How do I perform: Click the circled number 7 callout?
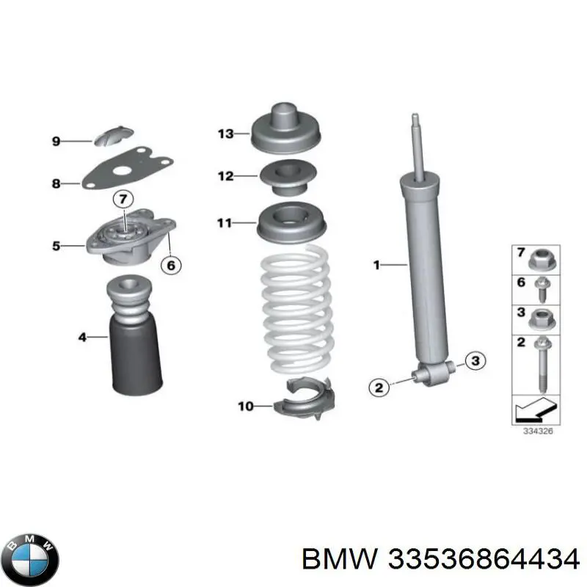(123, 199)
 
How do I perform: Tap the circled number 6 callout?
(171, 265)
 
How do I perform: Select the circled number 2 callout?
(379, 387)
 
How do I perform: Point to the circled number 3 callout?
(475, 361)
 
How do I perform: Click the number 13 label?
(226, 134)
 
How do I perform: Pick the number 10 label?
(246, 406)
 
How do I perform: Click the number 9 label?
(56, 141)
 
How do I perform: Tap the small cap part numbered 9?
(114, 136)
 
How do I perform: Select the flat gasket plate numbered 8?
(127, 168)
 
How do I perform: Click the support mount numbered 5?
(131, 238)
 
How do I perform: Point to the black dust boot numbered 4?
(136, 335)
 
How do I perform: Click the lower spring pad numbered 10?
(304, 398)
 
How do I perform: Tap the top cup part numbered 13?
(285, 128)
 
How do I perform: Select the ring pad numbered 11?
(291, 224)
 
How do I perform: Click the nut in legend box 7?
(542, 259)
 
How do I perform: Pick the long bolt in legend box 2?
(542, 364)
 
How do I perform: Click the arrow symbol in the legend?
(536, 409)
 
